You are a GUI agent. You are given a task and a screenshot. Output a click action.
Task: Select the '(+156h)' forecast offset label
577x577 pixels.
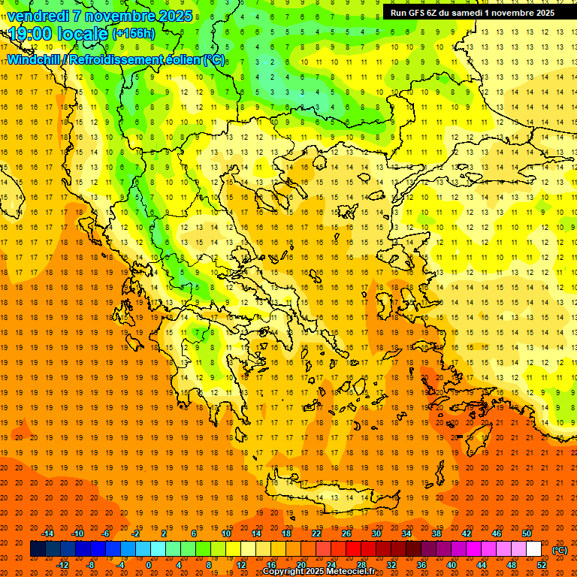pos(133,33)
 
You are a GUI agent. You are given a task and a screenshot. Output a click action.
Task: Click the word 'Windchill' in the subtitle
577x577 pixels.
pos(35,59)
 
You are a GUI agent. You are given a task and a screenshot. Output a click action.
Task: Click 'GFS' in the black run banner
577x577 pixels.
pos(418,13)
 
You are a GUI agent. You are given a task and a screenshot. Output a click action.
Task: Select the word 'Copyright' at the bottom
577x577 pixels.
pos(284,572)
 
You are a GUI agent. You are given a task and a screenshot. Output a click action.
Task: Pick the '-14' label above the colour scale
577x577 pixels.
pos(49,533)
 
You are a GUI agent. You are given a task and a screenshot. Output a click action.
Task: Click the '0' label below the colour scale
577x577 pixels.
pos(149,565)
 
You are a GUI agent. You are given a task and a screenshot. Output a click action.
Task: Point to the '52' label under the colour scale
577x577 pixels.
pos(542,565)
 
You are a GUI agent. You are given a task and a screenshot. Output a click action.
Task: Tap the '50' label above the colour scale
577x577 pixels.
pos(527,533)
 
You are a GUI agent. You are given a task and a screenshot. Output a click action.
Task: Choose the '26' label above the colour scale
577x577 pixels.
pos(346,533)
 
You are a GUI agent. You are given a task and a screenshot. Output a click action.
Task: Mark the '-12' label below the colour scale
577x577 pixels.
pos(63,565)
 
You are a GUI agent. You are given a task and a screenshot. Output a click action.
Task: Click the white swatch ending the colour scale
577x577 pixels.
pos(533,549)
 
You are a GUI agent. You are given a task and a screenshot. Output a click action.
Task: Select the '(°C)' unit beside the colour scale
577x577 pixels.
pos(559,550)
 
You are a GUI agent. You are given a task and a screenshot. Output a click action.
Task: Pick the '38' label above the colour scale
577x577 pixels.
pos(437,533)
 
